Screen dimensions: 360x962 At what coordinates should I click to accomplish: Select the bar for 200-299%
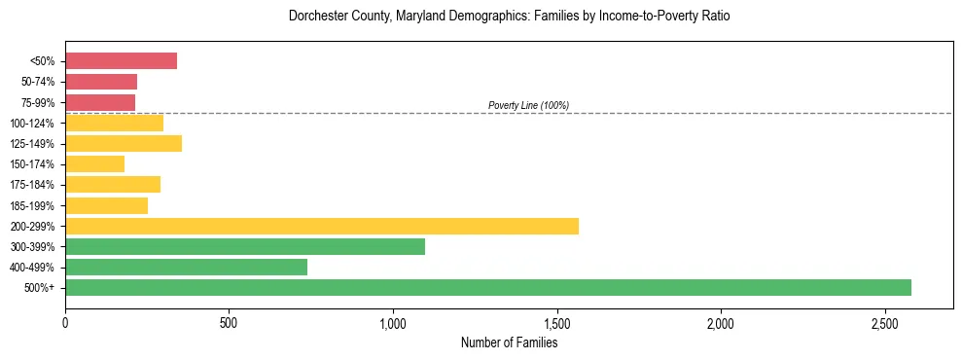click(x=322, y=226)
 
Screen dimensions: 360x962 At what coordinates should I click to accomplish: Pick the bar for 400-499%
click(x=186, y=267)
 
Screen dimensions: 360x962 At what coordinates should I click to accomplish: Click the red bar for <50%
click(x=121, y=61)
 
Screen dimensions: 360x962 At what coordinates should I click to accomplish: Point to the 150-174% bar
click(x=94, y=163)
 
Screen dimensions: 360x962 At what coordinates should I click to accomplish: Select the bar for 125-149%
click(x=124, y=143)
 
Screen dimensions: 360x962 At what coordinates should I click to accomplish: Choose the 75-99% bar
click(x=100, y=102)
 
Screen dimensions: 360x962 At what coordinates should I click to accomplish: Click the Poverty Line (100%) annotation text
click(x=528, y=105)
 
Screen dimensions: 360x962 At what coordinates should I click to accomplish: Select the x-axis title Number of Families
click(x=509, y=342)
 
